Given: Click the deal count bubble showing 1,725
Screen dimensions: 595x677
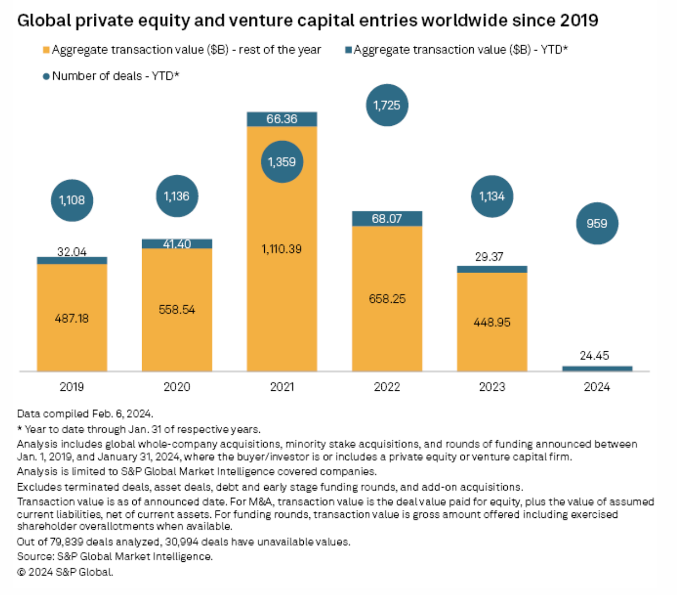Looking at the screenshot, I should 387,105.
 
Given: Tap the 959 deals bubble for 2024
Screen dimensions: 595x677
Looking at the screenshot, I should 597,224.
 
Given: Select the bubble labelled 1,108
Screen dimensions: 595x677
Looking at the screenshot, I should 72,200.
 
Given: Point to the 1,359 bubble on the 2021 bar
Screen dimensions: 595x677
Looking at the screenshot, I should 282,162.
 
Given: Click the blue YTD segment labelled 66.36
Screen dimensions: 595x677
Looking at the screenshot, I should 282,119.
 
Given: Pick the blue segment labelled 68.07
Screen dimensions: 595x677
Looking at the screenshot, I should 387,218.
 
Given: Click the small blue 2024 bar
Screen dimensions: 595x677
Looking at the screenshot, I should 597,369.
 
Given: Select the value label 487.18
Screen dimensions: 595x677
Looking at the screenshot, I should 72,318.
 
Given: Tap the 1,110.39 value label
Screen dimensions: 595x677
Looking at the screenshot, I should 282,249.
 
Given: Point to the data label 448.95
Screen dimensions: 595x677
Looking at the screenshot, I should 491,322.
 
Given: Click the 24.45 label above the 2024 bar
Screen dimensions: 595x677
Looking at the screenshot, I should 594,356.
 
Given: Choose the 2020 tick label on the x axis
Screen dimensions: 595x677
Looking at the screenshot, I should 177,387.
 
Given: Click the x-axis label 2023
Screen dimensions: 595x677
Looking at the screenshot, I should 491,387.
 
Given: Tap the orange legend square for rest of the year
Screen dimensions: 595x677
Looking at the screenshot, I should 46,50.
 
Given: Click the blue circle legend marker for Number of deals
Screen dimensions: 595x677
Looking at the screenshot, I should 46,77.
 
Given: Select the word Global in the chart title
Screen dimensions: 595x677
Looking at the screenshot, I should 44,21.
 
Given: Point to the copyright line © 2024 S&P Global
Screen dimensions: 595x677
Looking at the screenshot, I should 65,572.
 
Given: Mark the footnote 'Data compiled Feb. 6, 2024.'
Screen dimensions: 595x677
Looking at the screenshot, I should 85,414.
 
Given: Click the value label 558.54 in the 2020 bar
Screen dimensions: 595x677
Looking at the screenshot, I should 177,309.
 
